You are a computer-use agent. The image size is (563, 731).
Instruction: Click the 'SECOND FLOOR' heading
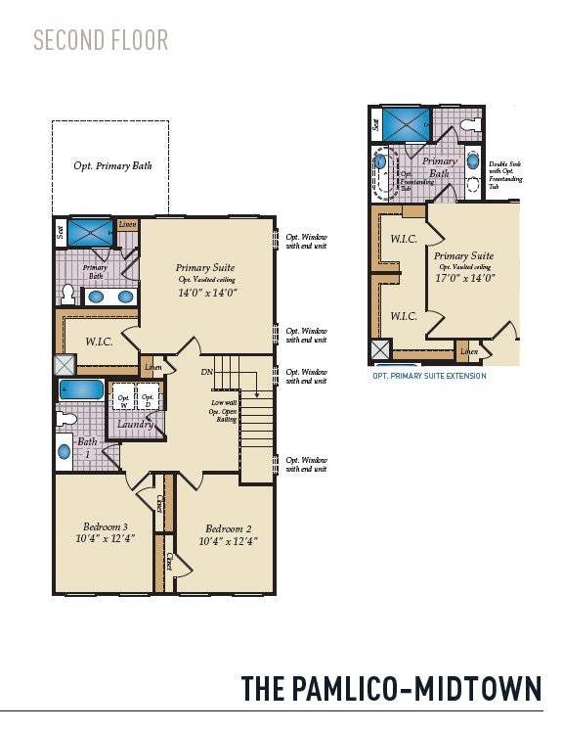point(101,40)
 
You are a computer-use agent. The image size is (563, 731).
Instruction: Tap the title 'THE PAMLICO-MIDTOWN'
point(391,688)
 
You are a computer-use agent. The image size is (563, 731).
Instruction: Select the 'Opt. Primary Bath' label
point(110,165)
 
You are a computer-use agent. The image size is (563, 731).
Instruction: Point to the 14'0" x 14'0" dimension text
point(206,293)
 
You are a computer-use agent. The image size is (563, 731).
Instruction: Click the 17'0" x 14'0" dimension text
point(464,277)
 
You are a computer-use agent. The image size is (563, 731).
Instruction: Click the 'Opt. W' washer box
point(123,400)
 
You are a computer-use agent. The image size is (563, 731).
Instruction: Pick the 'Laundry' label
point(135,425)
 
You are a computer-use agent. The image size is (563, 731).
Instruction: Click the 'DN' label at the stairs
point(207,372)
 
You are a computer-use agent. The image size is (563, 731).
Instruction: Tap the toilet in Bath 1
point(65,419)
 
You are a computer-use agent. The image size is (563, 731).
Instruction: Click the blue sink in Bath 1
point(65,452)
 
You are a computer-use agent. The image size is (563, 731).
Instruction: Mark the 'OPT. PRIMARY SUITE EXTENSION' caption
point(429,376)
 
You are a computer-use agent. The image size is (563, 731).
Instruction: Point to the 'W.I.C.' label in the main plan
point(99,342)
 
